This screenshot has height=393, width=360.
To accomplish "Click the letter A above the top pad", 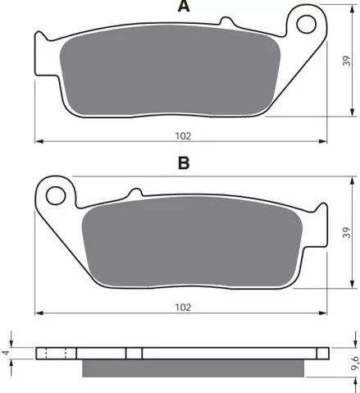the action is [x=184, y=6].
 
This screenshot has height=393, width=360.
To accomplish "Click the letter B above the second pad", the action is [x=184, y=163].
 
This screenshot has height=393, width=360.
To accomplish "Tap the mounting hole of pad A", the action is [x=307, y=25].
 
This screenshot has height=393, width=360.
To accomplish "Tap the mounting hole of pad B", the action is [x=56, y=195].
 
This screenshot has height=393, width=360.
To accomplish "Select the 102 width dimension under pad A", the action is [x=183, y=136].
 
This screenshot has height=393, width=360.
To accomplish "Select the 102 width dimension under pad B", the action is [x=183, y=308].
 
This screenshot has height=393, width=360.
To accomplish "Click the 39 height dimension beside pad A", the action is [x=347, y=61].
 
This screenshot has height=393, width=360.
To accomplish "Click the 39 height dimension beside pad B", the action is [x=347, y=232].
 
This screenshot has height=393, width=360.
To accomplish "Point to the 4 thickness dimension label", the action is [x=7, y=353].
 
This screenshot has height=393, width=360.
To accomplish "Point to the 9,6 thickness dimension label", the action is [x=354, y=363].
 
